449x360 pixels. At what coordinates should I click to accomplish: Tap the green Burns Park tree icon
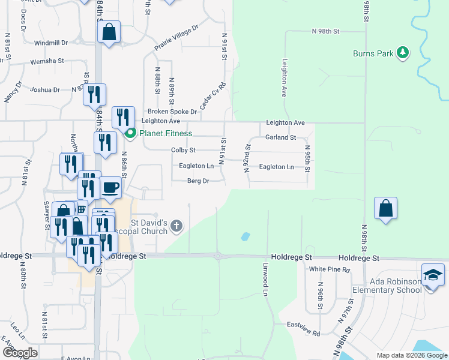(x=403, y=53)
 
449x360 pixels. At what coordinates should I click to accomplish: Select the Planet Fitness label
(x=166, y=133)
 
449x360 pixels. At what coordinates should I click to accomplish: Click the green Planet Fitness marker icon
(x=130, y=133)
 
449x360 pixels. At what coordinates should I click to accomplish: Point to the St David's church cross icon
(x=176, y=226)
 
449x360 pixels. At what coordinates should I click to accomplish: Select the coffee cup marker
(x=110, y=188)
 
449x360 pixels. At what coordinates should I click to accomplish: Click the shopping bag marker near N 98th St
(x=385, y=209)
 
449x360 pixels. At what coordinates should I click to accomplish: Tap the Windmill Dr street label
(x=51, y=43)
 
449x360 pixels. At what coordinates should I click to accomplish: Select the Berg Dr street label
(x=197, y=181)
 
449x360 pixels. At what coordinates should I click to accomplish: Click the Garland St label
(x=281, y=137)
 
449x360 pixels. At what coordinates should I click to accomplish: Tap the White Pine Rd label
(x=329, y=269)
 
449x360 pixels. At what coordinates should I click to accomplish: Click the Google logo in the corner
(x=20, y=352)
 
